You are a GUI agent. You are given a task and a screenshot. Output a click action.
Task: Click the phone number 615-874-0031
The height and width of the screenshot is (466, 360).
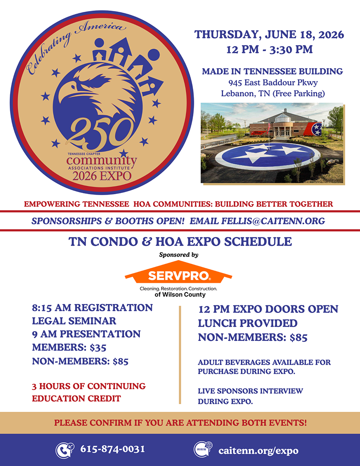112,449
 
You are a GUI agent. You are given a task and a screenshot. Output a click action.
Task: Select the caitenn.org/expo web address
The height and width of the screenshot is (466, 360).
258,450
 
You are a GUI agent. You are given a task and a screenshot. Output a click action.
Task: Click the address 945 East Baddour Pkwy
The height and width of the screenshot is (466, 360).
272,82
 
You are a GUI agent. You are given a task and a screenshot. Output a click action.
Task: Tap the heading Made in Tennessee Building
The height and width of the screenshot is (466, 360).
272,71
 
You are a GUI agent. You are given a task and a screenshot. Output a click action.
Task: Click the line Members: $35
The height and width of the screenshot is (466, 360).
69,348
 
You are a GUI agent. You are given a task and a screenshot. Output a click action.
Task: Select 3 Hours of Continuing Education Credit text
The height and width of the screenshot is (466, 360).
89,392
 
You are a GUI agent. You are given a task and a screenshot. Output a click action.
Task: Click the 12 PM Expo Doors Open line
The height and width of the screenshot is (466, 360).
268,310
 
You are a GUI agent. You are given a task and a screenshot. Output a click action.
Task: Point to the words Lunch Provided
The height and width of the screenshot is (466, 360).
248,324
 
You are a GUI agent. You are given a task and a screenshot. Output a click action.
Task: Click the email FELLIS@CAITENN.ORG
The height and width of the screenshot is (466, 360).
257,221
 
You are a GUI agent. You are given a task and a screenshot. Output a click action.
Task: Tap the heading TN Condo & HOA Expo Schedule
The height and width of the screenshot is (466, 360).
180,242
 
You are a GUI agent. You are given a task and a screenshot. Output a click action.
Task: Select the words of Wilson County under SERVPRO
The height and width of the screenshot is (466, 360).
180,295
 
